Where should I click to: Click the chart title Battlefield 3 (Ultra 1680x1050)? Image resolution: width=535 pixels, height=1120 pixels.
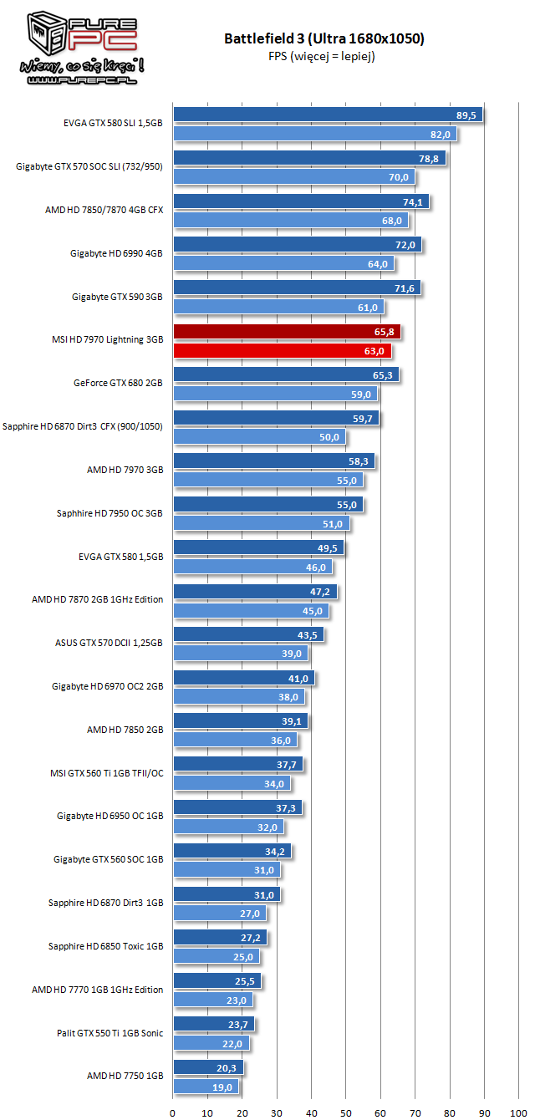pyautogui.click(x=324, y=38)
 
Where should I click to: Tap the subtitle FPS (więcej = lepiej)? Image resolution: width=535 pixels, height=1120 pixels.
pyautogui.click(x=324, y=56)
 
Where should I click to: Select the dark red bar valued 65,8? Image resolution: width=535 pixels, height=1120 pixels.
pyautogui.click(x=286, y=332)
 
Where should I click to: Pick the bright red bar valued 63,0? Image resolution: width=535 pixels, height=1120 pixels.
pyautogui.click(x=282, y=351)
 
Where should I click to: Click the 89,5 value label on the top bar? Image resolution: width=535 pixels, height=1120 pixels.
pyautogui.click(x=466, y=115)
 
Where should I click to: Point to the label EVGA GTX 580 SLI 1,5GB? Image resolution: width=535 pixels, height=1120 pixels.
pyautogui.click(x=113, y=124)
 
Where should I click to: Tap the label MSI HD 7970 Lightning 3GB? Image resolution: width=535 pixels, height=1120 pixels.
pyautogui.click(x=107, y=340)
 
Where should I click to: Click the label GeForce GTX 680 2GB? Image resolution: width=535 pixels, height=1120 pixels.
pyautogui.click(x=118, y=383)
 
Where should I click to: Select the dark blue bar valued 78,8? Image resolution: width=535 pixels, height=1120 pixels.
pyautogui.click(x=309, y=158)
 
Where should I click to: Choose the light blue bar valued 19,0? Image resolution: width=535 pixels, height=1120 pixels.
pyautogui.click(x=206, y=1087)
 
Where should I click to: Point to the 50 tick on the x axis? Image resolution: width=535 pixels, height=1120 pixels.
pyautogui.click(x=345, y=1112)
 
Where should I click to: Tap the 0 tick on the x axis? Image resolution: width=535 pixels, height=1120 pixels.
pyautogui.click(x=173, y=1112)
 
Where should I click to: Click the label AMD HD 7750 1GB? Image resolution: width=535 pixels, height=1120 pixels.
pyautogui.click(x=125, y=1077)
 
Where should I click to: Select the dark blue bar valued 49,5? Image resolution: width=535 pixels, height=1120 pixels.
pyautogui.click(x=258, y=548)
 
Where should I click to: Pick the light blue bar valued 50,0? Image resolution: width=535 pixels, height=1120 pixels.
pyautogui.click(x=259, y=437)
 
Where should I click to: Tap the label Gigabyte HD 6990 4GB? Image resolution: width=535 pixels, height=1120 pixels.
pyautogui.click(x=117, y=253)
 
